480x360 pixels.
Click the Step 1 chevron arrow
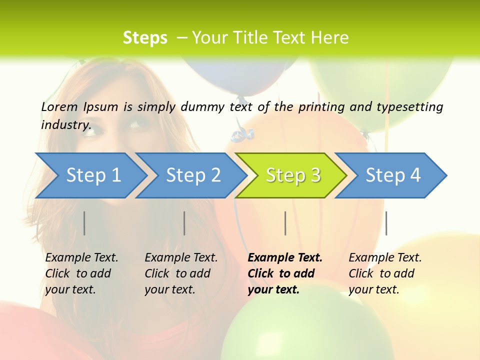(92, 175)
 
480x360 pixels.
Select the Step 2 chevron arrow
(192, 175)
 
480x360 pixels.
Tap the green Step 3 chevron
(292, 175)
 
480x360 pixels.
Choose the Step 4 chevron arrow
(392, 175)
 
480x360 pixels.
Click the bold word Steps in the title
(145, 38)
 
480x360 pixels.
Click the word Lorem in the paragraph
(59, 107)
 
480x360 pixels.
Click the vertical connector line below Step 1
(84, 223)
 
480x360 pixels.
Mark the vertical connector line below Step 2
(184, 223)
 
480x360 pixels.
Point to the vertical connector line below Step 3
(285, 223)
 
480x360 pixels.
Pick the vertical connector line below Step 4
(386, 223)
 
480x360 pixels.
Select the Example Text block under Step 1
(81, 273)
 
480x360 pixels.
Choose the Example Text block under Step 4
(384, 273)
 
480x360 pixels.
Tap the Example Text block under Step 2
(180, 273)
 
